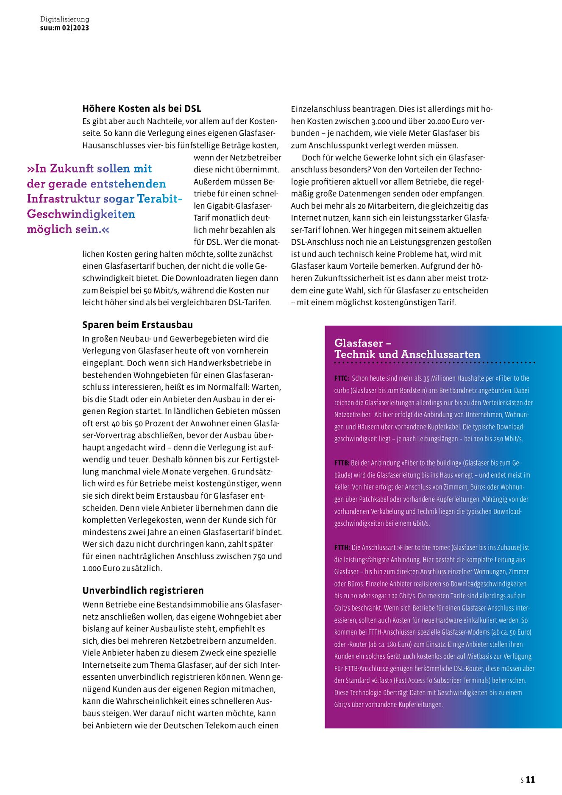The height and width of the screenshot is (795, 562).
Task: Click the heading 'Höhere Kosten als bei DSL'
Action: coord(142,109)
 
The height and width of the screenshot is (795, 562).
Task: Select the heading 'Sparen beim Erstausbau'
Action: coord(137,325)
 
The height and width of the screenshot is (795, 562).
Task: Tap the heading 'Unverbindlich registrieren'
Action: coord(143,590)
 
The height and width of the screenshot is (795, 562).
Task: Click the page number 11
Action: coord(530,779)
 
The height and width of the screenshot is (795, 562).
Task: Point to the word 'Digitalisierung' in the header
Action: coord(64,19)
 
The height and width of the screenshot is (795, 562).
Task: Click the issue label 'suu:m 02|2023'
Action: coord(64,28)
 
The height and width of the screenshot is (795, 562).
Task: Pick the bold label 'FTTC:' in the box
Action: coord(342,378)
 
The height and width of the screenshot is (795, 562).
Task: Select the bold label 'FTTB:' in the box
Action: coord(342,463)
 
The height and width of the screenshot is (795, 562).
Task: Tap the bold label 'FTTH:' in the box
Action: coord(342,547)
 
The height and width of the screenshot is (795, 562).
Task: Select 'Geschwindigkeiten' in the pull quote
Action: coord(81,214)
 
